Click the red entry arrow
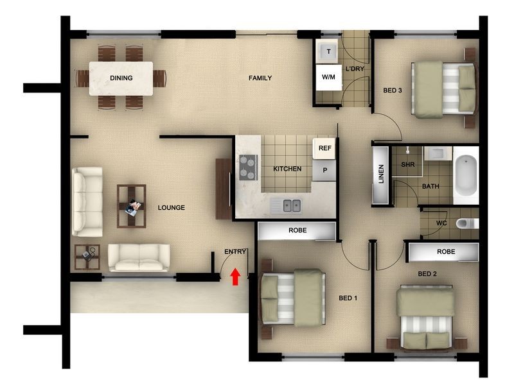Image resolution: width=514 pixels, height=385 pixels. (x=235, y=277)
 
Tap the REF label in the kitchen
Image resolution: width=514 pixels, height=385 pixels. (x=325, y=149)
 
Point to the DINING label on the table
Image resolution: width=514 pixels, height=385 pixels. (x=121, y=78)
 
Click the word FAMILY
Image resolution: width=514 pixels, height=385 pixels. (x=260, y=78)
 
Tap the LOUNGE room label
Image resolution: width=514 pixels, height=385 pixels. (x=172, y=208)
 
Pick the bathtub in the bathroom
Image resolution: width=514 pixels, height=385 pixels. (x=466, y=176)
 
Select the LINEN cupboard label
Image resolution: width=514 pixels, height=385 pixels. (x=380, y=175)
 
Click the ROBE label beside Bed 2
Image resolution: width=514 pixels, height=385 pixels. (x=446, y=252)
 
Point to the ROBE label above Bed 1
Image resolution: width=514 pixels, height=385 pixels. (x=297, y=230)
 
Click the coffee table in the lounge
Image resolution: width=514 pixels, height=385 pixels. (x=131, y=205)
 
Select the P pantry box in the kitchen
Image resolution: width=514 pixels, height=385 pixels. (x=325, y=171)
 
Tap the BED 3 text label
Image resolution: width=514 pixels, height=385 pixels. (x=393, y=90)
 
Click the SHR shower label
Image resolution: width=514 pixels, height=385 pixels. (x=407, y=165)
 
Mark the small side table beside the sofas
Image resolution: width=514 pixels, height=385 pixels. (x=87, y=257)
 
